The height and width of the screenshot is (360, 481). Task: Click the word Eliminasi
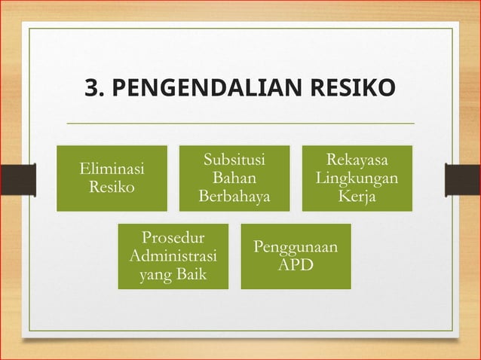point(112,169)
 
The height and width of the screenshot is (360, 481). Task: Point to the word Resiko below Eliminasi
point(112,187)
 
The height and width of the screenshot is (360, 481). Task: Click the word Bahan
point(234,178)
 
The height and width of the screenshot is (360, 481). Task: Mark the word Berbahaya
point(234,197)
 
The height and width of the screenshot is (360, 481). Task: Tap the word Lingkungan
point(357,178)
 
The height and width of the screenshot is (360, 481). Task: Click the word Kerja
point(357,197)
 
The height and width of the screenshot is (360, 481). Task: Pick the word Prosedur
point(173,239)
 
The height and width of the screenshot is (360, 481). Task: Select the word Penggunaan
point(296,247)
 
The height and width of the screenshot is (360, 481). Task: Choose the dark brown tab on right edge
point(462,179)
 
